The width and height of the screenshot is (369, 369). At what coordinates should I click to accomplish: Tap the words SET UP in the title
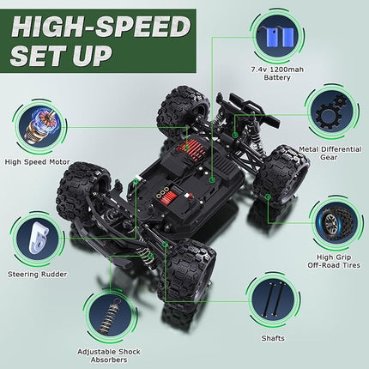62,54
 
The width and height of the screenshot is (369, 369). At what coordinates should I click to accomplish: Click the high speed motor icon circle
39,125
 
